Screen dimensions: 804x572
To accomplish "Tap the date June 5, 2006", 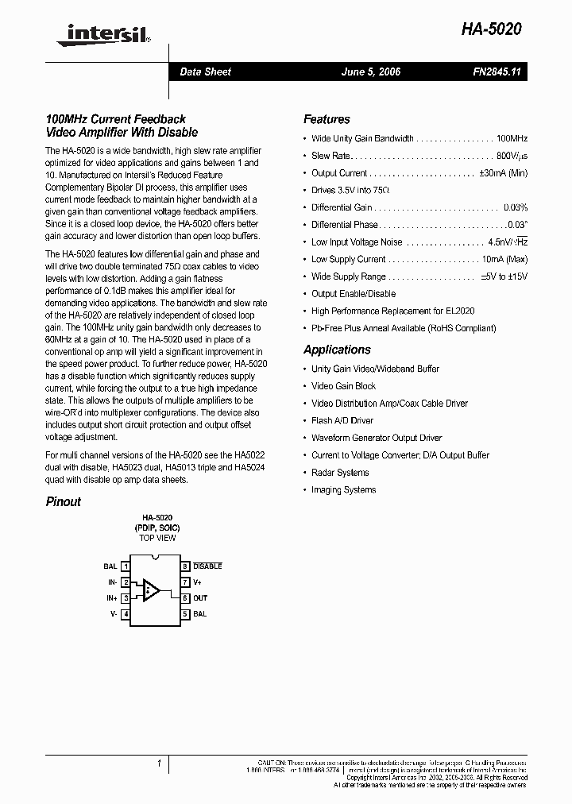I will point(370,72).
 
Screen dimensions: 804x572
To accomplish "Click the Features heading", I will point(327,119).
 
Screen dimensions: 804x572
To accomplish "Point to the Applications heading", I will point(337,350).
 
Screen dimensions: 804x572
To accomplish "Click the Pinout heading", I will point(63,501).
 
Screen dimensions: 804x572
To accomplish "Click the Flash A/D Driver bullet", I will point(342,421).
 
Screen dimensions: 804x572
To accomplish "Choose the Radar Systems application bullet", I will point(340,473).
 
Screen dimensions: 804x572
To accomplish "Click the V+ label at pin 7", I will point(199,582).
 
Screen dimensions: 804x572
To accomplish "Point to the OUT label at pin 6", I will point(200,598).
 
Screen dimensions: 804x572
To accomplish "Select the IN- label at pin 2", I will point(112,582).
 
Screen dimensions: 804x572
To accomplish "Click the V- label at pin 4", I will point(114,614).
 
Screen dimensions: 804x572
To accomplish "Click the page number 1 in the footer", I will point(159,763).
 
